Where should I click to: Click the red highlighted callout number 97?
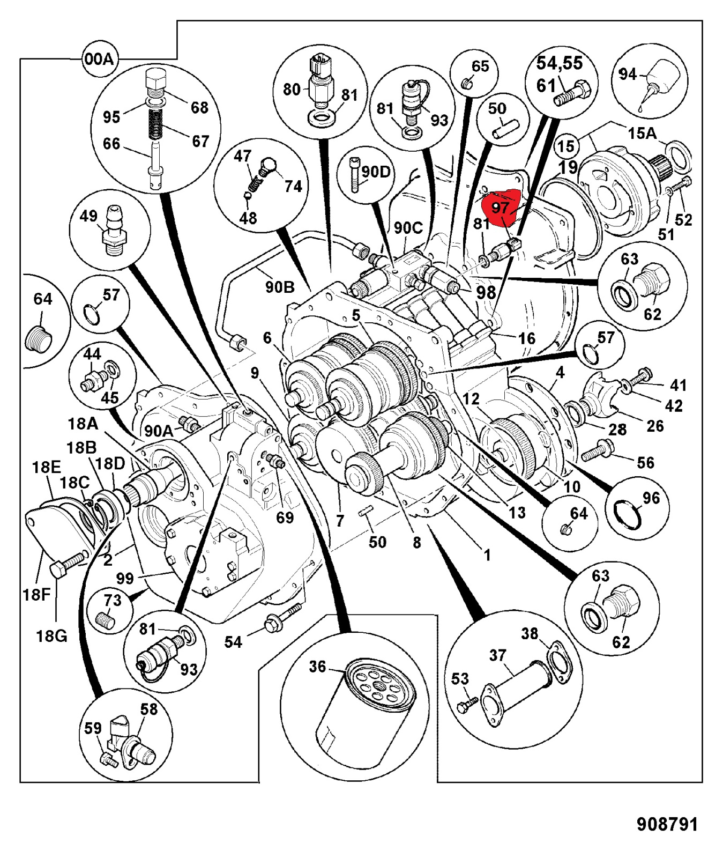click(500, 208)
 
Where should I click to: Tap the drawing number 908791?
click(667, 824)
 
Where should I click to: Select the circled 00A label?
click(99, 58)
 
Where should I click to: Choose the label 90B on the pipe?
click(280, 287)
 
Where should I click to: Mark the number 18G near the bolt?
click(51, 636)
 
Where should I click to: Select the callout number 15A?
click(642, 133)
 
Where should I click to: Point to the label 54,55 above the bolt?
click(560, 63)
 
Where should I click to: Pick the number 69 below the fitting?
click(285, 517)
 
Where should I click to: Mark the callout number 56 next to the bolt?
click(645, 463)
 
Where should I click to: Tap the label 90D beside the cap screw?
click(376, 172)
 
